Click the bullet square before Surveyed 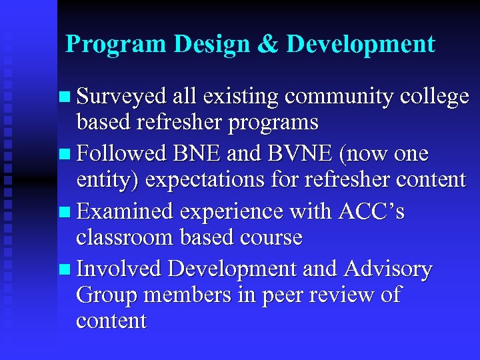point(63,97)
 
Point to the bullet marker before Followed point(63,155)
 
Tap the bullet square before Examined point(63,212)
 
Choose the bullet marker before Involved point(63,269)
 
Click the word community point(339,97)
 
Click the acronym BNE point(197,154)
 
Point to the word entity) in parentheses point(109,181)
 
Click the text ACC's point(371,211)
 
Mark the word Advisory point(389,269)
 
